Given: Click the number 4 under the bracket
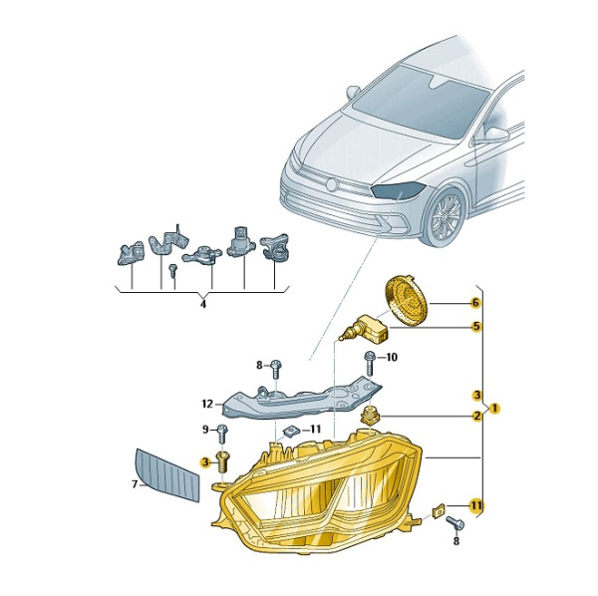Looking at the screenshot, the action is [x=203, y=304].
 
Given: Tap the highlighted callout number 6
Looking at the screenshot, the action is [x=475, y=303].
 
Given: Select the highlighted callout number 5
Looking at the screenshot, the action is [x=476, y=327].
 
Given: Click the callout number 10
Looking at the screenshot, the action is [x=392, y=357].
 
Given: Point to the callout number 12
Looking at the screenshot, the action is [x=207, y=404].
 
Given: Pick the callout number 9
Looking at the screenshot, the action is [x=205, y=430].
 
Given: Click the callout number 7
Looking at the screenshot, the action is [x=135, y=484].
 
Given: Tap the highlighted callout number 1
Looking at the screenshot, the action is [x=494, y=409].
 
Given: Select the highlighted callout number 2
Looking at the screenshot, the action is [x=477, y=416].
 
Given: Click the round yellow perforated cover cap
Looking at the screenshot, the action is [x=406, y=300].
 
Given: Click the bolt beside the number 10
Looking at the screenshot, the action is [x=370, y=362].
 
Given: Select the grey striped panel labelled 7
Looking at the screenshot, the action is [x=167, y=474].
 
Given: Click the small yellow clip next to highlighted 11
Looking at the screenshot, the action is [x=439, y=510].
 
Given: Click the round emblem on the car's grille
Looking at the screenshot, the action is [x=332, y=184].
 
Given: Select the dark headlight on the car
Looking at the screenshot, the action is [x=398, y=189].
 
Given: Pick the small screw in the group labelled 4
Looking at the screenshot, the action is [x=173, y=269].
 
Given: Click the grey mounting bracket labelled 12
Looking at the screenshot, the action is [x=301, y=401].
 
